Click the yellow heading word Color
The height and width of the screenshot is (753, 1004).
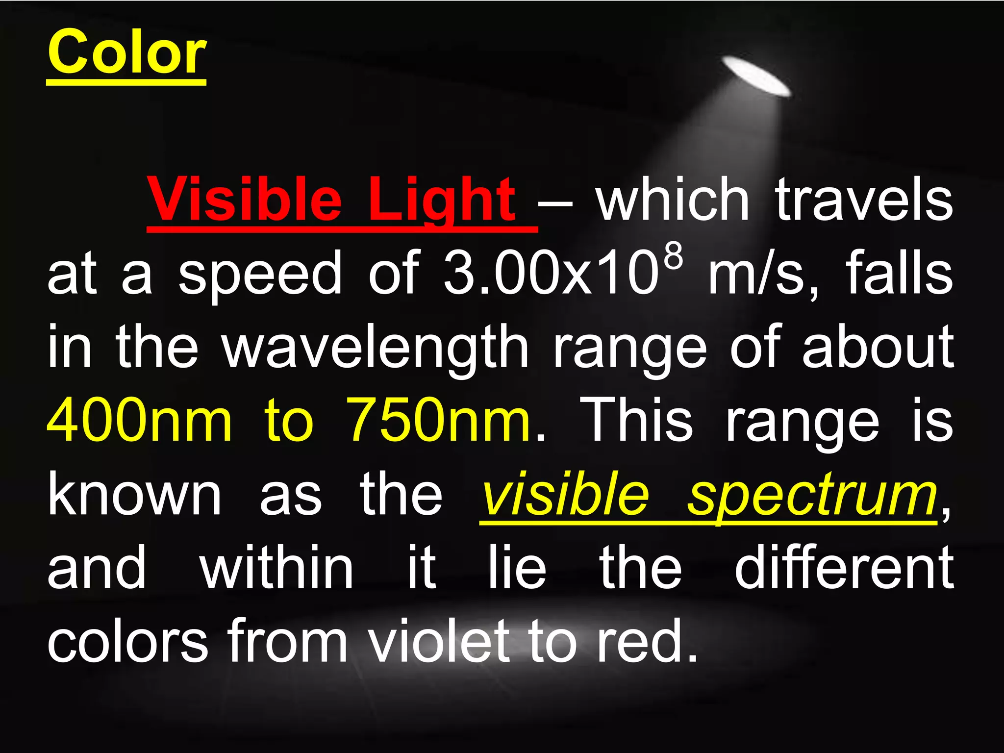(x=126, y=52)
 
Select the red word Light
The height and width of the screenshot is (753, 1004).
(x=441, y=200)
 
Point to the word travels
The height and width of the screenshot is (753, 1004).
(x=864, y=200)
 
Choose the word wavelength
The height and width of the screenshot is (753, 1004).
(x=376, y=348)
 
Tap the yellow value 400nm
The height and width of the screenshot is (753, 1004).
(x=139, y=421)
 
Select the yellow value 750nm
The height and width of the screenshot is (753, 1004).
(x=438, y=421)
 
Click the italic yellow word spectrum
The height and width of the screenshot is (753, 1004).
(x=812, y=495)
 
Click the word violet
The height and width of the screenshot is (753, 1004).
(x=439, y=640)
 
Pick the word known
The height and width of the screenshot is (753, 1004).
(x=134, y=495)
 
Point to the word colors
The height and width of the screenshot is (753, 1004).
(x=127, y=640)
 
